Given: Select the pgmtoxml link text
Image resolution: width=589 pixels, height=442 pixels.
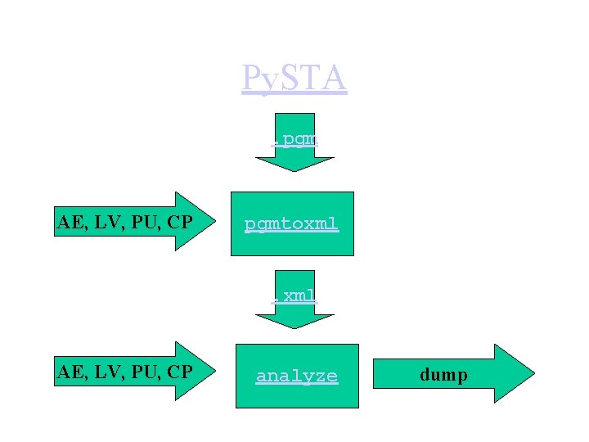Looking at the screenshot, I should (x=292, y=223).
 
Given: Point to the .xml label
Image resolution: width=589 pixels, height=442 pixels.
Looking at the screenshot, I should (x=295, y=295).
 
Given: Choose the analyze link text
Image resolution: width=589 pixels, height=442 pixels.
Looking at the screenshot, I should (x=297, y=376).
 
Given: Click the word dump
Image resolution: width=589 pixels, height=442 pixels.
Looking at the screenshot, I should (x=443, y=375).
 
